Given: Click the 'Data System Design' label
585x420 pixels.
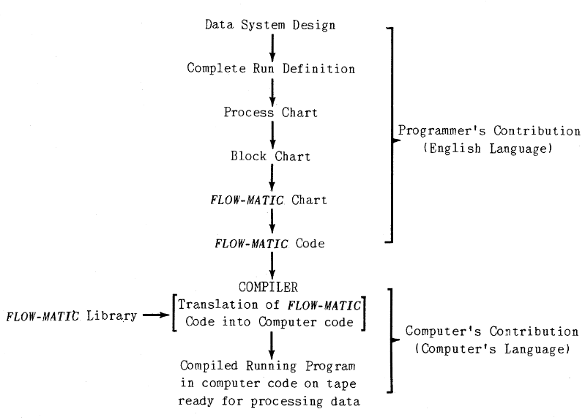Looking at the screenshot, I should coord(271,26).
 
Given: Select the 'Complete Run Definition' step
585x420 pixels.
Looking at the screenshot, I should coord(271,69).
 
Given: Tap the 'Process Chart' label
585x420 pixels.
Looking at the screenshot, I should coord(271,113).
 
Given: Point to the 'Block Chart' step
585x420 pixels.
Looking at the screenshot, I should coord(271,156).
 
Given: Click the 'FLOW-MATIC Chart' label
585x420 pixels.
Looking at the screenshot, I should coord(271,199).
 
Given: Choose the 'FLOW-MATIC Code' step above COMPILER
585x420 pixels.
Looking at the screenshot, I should coord(271,242).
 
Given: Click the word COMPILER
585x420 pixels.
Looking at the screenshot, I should coord(272,286).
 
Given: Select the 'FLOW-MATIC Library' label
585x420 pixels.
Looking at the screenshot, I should coord(71,316).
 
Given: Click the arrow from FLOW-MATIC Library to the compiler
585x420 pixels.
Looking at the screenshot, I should coord(157,316).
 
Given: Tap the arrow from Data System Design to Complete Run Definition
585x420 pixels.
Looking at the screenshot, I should coord(272,47).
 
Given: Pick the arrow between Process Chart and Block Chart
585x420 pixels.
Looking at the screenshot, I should coord(272,134).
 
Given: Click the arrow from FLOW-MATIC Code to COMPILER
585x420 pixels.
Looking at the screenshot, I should coord(272,263).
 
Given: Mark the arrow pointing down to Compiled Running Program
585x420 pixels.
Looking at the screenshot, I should coord(272,344).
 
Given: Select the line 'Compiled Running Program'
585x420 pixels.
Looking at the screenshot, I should coord(272,367).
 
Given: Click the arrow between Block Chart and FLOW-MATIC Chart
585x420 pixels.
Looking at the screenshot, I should coord(272,177).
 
